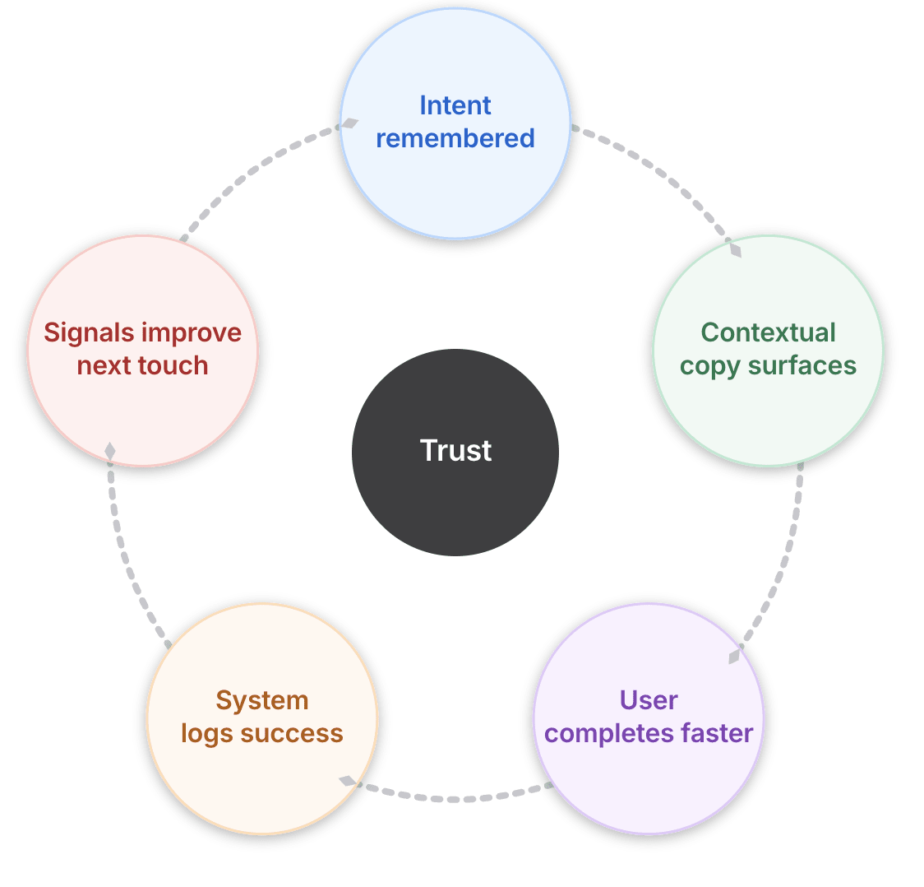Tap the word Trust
[455, 451]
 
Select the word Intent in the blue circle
[455, 105]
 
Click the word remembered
[455, 138]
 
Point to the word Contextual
[768, 332]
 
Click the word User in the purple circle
[649, 700]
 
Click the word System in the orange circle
[262, 700]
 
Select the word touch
[176, 365]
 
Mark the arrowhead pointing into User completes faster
[735, 656]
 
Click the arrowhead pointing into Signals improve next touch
[109, 451]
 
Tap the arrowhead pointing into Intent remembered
[349, 123]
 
